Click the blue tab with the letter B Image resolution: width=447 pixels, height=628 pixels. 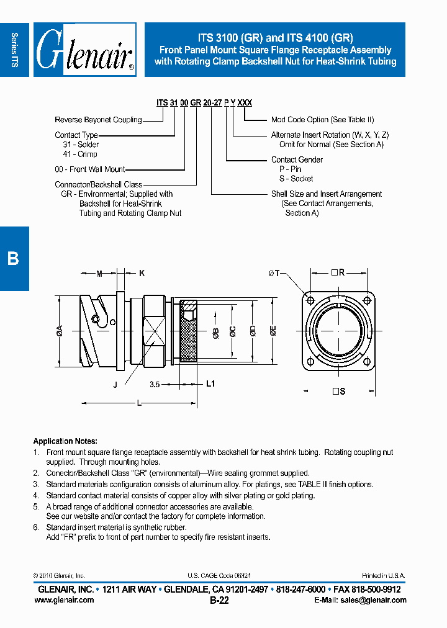point(14,258)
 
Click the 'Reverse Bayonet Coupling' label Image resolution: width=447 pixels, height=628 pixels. point(98,120)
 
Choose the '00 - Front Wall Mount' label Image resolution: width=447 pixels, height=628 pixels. point(90,169)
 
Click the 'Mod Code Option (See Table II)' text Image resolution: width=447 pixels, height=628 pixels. point(322,120)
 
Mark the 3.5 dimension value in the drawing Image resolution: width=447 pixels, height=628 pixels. point(155,385)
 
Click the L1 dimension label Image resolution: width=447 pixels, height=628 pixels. point(210,384)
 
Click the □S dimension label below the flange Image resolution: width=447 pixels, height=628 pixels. point(338,392)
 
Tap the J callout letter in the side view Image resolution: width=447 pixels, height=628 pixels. point(115,385)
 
